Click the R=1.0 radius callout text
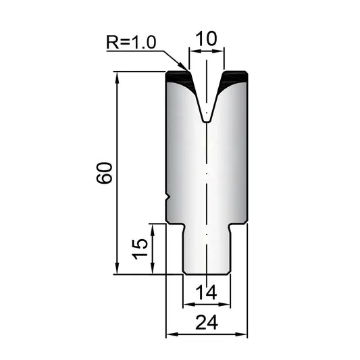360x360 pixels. pos(131,42)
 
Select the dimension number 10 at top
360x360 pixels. pos(206,38)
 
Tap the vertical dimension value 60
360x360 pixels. pos(105,173)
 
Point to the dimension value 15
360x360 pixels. pos(140,249)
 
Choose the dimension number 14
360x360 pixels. pos(206,292)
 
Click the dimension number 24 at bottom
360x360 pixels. pos(207,322)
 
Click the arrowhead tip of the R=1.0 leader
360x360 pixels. pos(188,70)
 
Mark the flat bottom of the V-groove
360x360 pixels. pos(207,122)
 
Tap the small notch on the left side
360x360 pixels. pos(168,197)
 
